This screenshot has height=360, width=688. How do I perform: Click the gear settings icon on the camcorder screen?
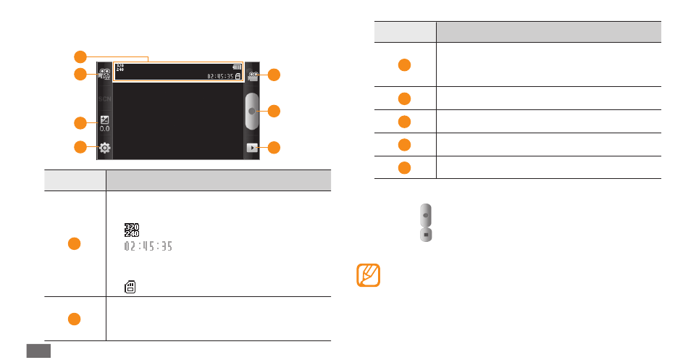(x=105, y=148)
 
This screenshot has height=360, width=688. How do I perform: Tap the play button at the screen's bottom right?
(x=252, y=148)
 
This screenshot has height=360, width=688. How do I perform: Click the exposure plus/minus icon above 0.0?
(x=105, y=120)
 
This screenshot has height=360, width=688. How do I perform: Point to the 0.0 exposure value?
(x=105, y=129)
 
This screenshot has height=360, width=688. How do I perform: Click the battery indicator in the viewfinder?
(x=238, y=67)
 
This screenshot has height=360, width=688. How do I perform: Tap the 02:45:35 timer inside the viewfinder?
(x=219, y=75)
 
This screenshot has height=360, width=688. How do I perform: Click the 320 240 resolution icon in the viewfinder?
(x=120, y=68)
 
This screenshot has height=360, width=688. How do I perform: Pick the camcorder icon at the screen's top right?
(x=252, y=75)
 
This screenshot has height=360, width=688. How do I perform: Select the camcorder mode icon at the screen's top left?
(x=105, y=74)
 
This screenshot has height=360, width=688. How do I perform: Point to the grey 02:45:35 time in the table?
(x=147, y=246)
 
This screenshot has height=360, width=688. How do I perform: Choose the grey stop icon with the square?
(x=427, y=235)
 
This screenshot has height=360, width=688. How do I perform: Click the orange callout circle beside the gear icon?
(x=81, y=148)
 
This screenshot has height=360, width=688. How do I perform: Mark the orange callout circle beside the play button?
(x=274, y=148)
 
